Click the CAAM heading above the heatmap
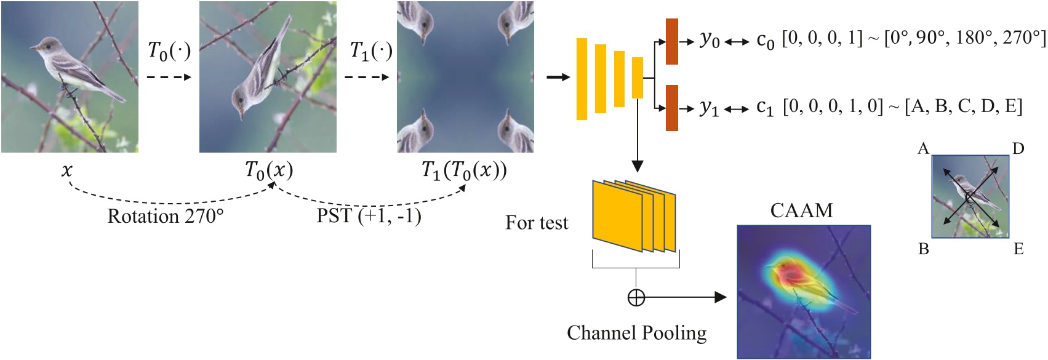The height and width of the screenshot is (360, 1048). coord(801,211)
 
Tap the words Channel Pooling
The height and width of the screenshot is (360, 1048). coord(636,333)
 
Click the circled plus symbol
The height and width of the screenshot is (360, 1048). coord(636,298)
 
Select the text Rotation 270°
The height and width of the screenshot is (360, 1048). coord(166,217)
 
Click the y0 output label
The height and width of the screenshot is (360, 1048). coord(710,40)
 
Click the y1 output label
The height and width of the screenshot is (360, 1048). coord(710,108)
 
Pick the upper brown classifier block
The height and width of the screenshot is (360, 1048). coord(671,41)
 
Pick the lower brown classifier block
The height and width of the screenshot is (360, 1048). coord(671,108)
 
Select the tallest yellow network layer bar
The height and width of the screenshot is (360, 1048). coord(582,79)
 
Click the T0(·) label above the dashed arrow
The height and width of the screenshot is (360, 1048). coord(169,51)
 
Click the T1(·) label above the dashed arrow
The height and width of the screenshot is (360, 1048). coord(371,51)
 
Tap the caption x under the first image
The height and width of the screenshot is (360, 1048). coord(66,169)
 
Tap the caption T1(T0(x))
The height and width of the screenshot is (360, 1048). coord(464,169)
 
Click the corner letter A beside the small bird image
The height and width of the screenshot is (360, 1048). coord(923,149)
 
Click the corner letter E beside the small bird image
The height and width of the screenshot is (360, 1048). coord(1018,249)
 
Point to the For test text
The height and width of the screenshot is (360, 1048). coord(537,223)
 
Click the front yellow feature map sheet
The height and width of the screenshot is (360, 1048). coord(617,216)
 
